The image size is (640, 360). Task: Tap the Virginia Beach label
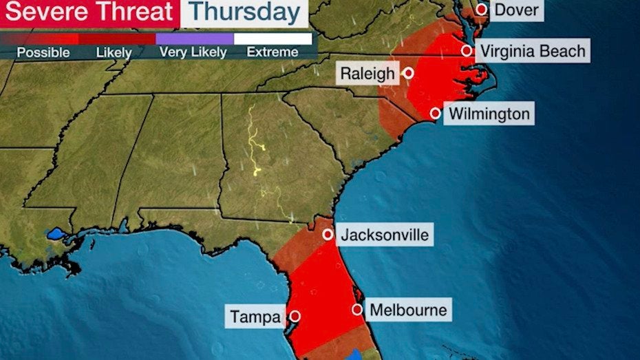(533, 51)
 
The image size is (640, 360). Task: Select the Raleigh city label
(367, 73)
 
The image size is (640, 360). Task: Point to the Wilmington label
(489, 114)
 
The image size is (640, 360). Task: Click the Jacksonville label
(385, 235)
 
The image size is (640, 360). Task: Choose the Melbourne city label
(408, 310)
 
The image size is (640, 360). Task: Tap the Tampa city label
(255, 317)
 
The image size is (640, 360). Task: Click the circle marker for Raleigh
(409, 73)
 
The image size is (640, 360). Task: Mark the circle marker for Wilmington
(436, 114)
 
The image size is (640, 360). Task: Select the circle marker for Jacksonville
(328, 235)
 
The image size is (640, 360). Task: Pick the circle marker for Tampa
(295, 317)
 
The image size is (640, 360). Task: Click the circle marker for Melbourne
(357, 310)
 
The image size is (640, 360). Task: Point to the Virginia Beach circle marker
(467, 50)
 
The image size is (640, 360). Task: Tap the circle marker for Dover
(482, 9)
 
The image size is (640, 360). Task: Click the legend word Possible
(43, 52)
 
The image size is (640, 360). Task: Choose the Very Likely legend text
(193, 52)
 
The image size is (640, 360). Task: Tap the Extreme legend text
(273, 52)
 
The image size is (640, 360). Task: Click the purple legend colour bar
(194, 39)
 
